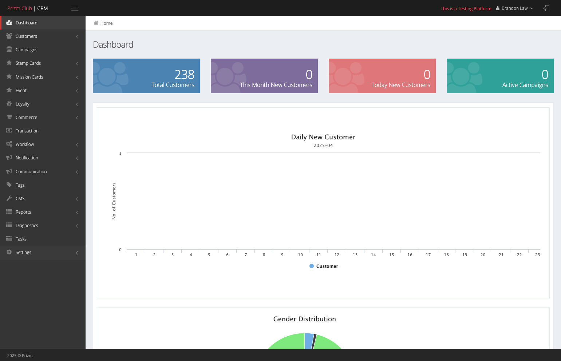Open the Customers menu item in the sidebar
pos(26,36)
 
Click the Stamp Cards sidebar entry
pos(28,63)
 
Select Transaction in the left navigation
pos(27,131)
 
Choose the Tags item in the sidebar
pos(20,185)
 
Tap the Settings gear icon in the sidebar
pos(9,252)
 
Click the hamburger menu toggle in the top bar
pos(75,8)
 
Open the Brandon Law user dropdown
pos(514,8)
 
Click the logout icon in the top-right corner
pos(546,8)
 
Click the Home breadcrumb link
pos(106,23)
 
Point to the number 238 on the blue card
pos(184,74)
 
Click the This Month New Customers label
pos(276,85)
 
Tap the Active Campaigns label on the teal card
pos(525,85)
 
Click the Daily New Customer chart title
pos(323,137)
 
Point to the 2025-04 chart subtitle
pos(323,146)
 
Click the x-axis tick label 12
pos(337,255)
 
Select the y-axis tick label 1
pos(120,153)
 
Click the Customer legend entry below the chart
pos(324,266)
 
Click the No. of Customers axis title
pos(114,201)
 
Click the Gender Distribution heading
pos(305,319)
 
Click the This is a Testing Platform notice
pos(466,8)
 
